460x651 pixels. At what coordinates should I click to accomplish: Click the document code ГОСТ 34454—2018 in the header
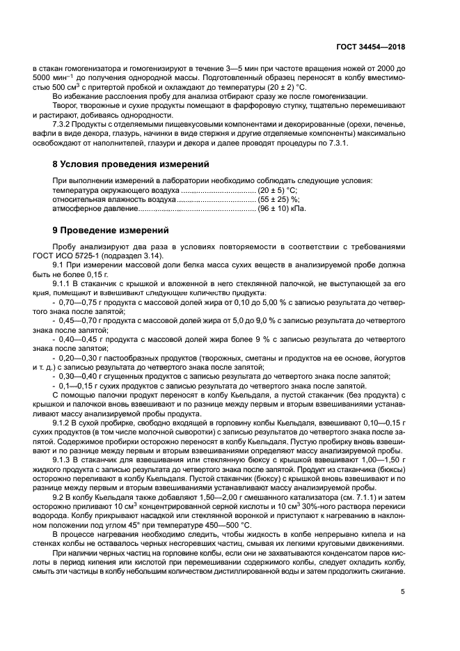click(370, 48)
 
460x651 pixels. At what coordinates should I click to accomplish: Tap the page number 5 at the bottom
click(403, 592)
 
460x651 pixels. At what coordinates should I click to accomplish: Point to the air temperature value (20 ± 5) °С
click(277, 189)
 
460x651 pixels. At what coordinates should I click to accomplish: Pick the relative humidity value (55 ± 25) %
click(276, 198)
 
